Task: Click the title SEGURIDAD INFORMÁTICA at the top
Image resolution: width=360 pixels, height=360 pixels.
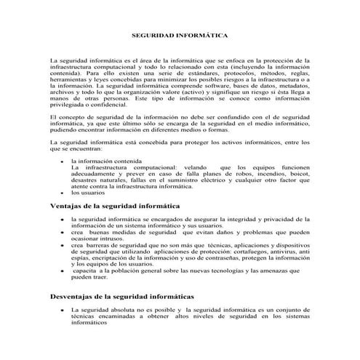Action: (179, 34)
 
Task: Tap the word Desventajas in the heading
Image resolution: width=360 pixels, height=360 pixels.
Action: (76, 297)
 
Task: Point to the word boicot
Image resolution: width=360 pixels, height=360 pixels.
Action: (298, 173)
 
